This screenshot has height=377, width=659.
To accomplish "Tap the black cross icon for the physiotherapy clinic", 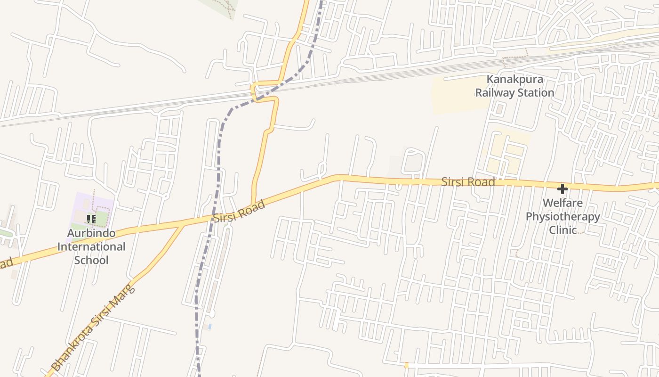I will point(562,189).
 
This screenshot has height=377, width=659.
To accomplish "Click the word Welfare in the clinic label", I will point(563,203).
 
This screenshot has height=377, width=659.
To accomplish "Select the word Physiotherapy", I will point(563,217).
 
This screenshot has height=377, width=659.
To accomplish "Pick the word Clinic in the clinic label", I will point(563,230).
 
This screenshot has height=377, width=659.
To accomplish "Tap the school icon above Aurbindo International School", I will point(91,219).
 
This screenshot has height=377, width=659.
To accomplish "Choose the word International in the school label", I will point(91,246).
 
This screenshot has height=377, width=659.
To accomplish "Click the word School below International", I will point(91,260).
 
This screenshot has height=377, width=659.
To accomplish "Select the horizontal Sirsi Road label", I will point(468,182).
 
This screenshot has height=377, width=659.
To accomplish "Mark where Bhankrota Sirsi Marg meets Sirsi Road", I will point(184,225).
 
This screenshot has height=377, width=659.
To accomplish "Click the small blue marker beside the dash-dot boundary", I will point(209,326).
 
